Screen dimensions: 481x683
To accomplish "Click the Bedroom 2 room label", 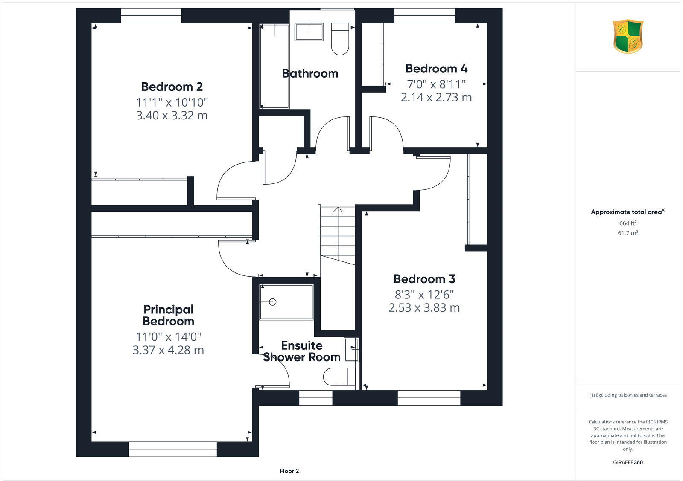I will (172, 87).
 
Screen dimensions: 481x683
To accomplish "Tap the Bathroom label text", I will (310, 73).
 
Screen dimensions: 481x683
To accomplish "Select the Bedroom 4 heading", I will (436, 69).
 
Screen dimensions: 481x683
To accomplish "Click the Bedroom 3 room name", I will (424, 279).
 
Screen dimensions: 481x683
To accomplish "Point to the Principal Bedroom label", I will (168, 315).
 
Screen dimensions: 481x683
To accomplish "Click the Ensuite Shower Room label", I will (301, 351).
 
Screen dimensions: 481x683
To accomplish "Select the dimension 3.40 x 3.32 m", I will (172, 116).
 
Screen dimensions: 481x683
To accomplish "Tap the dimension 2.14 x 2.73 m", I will (436, 97).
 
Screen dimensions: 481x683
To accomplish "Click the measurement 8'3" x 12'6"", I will (424, 295).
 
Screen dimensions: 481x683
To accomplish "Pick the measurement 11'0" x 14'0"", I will (168, 337).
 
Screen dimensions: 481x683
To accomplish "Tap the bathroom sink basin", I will (309, 32).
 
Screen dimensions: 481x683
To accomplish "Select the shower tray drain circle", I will (273, 302).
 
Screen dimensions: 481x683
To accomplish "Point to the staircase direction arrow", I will (338, 210).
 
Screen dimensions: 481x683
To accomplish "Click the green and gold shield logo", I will (628, 37).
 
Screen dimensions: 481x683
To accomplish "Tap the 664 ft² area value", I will (628, 223).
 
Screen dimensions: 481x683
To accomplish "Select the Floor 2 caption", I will (289, 471).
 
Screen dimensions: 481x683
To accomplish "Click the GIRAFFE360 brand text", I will (628, 462).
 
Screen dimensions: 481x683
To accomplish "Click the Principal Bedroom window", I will (172, 449).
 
